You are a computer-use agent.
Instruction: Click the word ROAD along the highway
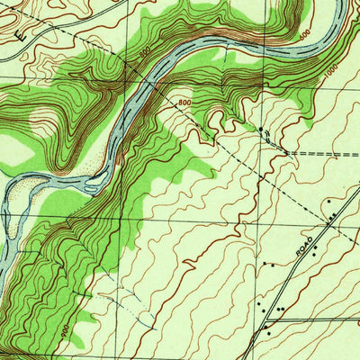pyautogui.click(x=306, y=247)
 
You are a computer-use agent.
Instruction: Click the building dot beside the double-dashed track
pyautogui.click(x=262, y=130)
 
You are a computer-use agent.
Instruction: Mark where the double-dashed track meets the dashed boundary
pyautogui.click(x=286, y=153)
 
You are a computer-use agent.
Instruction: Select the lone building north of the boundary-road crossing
pyautogui.click(x=329, y=199)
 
